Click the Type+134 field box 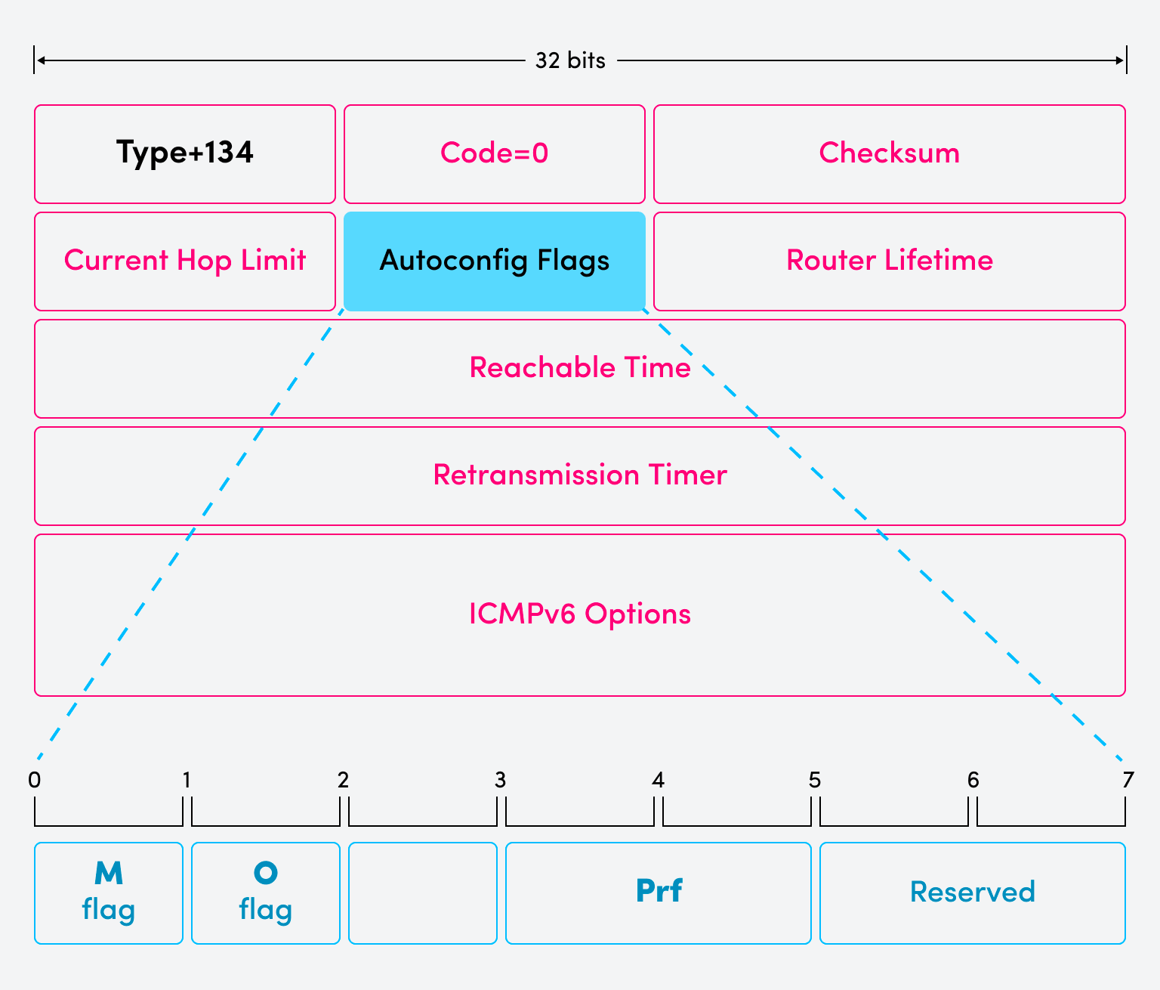(185, 154)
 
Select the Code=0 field (495, 154)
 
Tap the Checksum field (889, 154)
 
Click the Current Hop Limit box (185, 261)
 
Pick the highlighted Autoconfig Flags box (495, 261)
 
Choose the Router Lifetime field (889, 261)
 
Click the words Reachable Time (580, 368)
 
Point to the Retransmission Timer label (580, 475)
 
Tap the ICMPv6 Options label (580, 614)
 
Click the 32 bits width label (570, 60)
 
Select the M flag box (109, 893)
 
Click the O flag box (266, 893)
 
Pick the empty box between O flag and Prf (423, 893)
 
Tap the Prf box (659, 893)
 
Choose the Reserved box (973, 893)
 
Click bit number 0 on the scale (35, 780)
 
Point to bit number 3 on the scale (500, 780)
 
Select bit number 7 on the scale (1128, 780)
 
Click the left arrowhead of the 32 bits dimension (41, 60)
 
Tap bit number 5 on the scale (815, 780)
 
